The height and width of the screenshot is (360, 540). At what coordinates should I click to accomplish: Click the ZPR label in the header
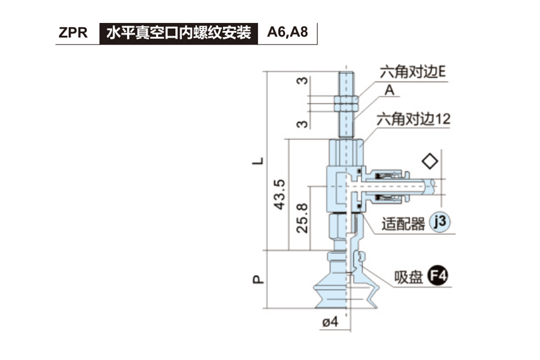click(x=73, y=33)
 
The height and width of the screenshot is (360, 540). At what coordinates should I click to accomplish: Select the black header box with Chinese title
click(x=179, y=33)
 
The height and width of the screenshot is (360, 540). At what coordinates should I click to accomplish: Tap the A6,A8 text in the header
click(x=288, y=33)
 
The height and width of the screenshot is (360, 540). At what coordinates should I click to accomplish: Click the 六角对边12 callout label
click(x=414, y=119)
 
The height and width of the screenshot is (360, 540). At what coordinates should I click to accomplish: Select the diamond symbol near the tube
click(x=430, y=161)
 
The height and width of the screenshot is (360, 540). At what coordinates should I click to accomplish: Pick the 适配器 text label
click(x=403, y=224)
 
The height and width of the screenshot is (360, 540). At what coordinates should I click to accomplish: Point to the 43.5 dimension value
click(x=279, y=194)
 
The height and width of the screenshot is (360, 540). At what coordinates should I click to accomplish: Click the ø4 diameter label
click(x=330, y=322)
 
